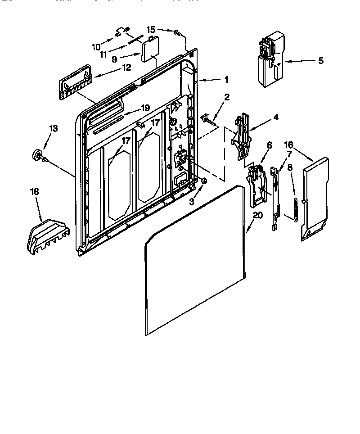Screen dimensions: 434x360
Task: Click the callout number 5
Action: [320, 61]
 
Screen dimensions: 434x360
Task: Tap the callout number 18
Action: [35, 192]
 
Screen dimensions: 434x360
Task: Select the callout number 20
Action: [257, 215]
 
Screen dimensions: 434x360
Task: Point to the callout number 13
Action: [53, 129]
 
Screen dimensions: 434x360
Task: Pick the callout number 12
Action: [126, 68]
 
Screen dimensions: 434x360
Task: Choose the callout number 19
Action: [144, 108]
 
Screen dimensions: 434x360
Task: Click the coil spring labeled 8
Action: [295, 208]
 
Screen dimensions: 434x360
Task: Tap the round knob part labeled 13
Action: [36, 155]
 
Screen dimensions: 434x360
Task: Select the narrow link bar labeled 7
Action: [274, 198]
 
